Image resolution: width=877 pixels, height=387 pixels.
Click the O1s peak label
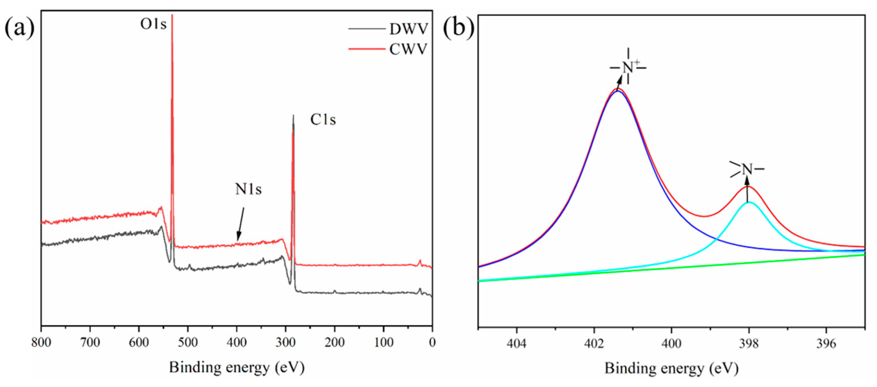153,24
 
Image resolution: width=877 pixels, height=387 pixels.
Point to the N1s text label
248,189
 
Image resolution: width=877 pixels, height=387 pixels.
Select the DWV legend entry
408,29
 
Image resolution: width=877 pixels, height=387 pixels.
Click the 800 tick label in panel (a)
41,342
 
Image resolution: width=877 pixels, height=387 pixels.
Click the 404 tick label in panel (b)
516,344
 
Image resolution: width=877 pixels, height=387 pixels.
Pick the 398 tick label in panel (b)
749,344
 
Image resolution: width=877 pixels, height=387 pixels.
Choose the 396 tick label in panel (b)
826,344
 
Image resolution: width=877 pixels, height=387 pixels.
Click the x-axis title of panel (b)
671,369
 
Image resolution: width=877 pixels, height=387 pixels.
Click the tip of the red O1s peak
172,16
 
